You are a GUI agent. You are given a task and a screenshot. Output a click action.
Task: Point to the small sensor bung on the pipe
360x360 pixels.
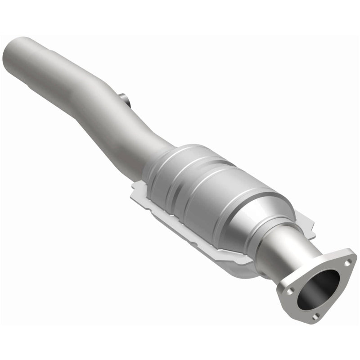coord(125,99)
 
